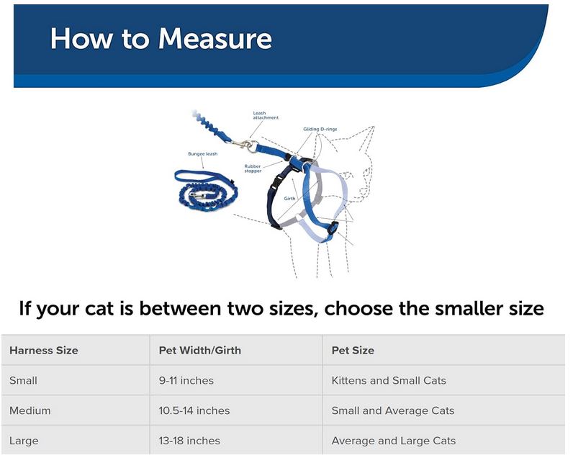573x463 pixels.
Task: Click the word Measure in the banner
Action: coord(215,38)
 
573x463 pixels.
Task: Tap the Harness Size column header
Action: coord(44,350)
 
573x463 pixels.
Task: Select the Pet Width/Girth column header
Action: coord(200,350)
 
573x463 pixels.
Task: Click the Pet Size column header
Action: coord(353,350)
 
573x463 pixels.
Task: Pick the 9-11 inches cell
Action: coord(186,380)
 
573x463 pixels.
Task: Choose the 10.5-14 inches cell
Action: coord(194,410)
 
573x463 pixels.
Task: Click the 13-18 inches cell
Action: coord(189,441)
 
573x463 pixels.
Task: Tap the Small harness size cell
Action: coord(23,380)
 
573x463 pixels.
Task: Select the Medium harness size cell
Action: coord(30,410)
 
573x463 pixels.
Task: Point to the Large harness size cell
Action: coord(24,441)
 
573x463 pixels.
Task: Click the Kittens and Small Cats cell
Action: coord(389,380)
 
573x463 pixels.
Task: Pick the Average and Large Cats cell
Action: coord(394,441)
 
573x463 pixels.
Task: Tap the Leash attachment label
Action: coord(266,115)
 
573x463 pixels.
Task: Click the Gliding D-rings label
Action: coord(320,129)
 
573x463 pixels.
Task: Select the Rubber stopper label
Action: coord(253,168)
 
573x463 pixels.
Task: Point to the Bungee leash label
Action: coord(203,154)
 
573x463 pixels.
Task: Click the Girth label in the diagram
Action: coord(290,199)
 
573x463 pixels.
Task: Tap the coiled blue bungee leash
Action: coord(207,191)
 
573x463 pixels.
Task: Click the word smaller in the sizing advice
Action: coord(469,308)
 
